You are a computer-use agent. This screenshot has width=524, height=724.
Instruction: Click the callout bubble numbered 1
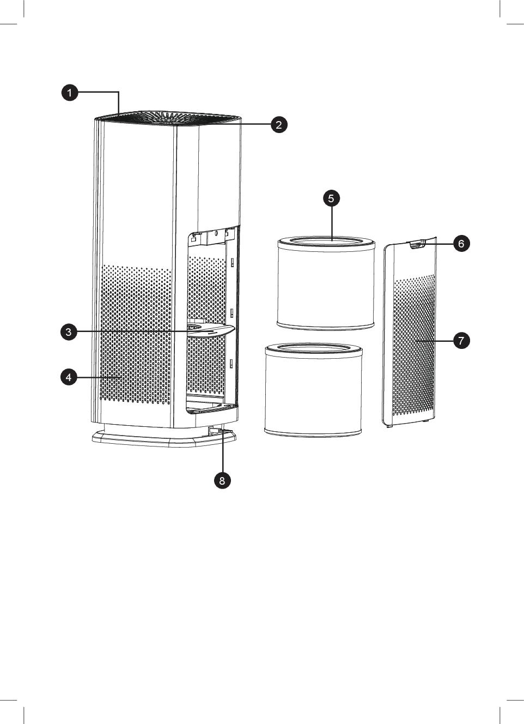70,93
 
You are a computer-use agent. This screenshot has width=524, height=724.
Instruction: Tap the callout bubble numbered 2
279,124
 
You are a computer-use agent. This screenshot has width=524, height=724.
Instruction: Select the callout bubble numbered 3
69,332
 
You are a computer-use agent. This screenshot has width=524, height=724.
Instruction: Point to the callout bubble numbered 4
69,377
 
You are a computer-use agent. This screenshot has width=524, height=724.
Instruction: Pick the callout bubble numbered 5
332,198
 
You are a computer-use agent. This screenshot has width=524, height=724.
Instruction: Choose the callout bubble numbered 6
461,243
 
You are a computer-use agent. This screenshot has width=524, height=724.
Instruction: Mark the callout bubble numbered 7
461,340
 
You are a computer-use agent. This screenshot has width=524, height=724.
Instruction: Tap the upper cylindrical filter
326,283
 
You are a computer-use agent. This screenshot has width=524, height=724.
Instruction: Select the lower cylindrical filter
313,390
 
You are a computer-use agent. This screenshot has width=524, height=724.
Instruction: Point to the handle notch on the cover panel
418,245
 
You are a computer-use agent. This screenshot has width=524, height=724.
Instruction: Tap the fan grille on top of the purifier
168,117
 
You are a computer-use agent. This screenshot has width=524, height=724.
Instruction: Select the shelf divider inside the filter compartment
210,330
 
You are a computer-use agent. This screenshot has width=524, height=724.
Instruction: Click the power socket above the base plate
213,430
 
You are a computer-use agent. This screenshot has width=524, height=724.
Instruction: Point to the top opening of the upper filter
326,241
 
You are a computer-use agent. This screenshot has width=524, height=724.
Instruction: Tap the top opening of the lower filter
313,348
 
